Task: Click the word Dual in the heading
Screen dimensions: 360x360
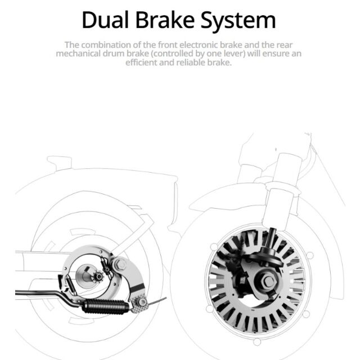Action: tap(105, 20)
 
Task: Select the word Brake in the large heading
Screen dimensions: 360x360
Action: tap(165, 20)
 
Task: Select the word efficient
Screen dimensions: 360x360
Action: tap(141, 62)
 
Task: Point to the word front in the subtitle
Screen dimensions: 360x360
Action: tap(167, 45)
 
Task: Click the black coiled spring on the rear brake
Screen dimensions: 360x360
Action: tap(106, 307)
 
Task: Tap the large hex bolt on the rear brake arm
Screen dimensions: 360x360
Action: tap(120, 264)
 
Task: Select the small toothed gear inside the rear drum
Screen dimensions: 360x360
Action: tap(98, 277)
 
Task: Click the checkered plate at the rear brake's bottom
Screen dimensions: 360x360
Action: tap(139, 303)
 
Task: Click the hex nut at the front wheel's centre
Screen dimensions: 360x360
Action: tap(267, 281)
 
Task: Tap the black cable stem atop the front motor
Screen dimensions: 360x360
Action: tap(272, 238)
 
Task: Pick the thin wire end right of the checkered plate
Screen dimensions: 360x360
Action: tap(158, 301)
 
